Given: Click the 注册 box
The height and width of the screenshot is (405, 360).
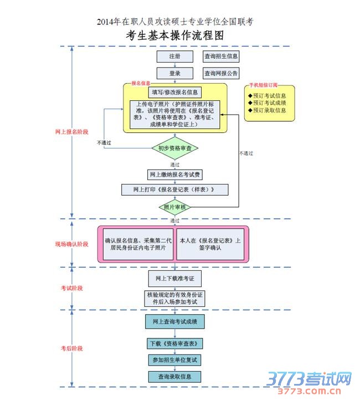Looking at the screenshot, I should [174, 57].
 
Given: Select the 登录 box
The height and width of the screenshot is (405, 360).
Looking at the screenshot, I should [174, 73].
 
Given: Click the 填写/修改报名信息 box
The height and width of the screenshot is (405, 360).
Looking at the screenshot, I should [175, 92].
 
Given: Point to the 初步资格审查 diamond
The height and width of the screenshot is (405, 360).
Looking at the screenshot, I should [175, 148].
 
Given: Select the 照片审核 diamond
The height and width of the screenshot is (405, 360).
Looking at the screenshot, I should [175, 207].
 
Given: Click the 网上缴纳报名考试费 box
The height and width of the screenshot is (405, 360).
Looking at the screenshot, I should [175, 175].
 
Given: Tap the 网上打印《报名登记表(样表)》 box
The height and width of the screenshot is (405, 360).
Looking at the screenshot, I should [175, 189].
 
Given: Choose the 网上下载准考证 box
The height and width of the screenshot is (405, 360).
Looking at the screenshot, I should [175, 278].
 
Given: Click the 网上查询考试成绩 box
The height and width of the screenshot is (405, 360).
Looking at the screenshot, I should [175, 321].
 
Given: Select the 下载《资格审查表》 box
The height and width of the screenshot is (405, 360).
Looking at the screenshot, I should [175, 344].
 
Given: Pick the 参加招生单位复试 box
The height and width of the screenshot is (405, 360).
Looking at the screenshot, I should [175, 360].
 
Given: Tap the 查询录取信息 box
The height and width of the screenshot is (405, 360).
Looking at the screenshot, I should [175, 377].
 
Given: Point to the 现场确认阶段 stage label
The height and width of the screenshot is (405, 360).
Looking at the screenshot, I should [72, 244].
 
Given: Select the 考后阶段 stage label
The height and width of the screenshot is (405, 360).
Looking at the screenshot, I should [72, 348].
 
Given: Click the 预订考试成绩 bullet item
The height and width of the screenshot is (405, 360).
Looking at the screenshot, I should [269, 103].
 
